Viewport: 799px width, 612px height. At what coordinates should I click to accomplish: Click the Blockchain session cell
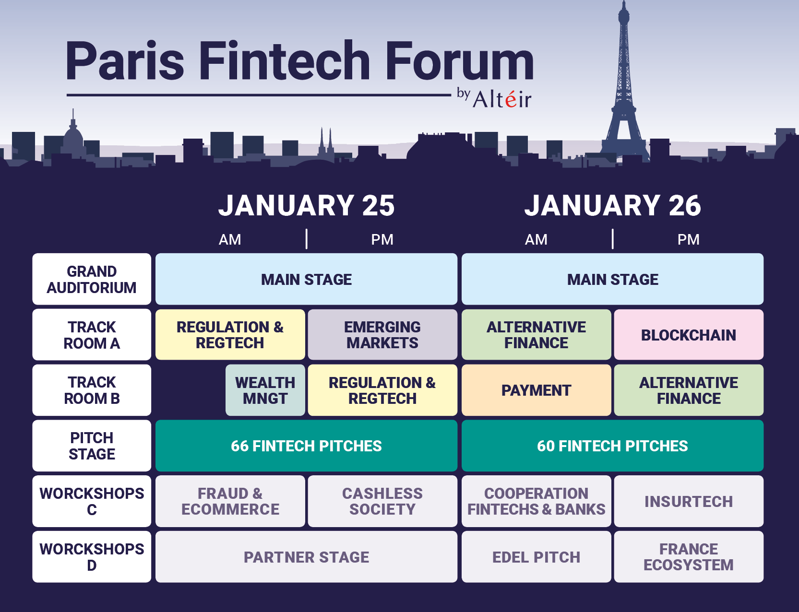pyautogui.click(x=689, y=334)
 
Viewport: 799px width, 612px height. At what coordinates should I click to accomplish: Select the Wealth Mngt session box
pyautogui.click(x=265, y=390)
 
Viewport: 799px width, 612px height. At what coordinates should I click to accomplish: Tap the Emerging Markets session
pyautogui.click(x=382, y=334)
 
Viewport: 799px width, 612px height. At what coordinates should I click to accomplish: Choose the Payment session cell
pyautogui.click(x=537, y=390)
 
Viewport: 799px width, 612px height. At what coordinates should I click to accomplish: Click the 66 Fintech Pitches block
pyautogui.click(x=306, y=446)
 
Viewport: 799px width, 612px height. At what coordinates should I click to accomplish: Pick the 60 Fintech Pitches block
pyautogui.click(x=612, y=446)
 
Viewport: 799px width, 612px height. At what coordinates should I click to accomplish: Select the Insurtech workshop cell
pyautogui.click(x=689, y=501)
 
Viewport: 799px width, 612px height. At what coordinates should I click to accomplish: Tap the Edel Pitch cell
pyautogui.click(x=537, y=557)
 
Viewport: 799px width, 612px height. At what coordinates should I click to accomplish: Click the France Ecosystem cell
pyautogui.click(x=689, y=557)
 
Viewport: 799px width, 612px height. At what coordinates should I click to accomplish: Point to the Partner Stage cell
pyautogui.click(x=306, y=557)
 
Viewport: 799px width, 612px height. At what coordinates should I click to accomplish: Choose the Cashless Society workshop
pyautogui.click(x=382, y=501)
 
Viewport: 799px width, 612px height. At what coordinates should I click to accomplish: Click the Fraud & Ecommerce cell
pyautogui.click(x=230, y=501)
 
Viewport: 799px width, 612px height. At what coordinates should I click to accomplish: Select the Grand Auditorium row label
pyautogui.click(x=92, y=279)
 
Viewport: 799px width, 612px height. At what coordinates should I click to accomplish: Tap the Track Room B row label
pyautogui.click(x=92, y=390)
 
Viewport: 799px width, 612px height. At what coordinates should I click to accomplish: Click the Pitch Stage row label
pyautogui.click(x=92, y=446)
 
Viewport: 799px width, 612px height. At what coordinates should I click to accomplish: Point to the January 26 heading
pyautogui.click(x=612, y=205)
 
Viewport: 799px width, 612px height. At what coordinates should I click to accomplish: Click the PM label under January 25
pyautogui.click(x=382, y=239)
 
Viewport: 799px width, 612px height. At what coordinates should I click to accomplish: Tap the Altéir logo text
pyautogui.click(x=502, y=99)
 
